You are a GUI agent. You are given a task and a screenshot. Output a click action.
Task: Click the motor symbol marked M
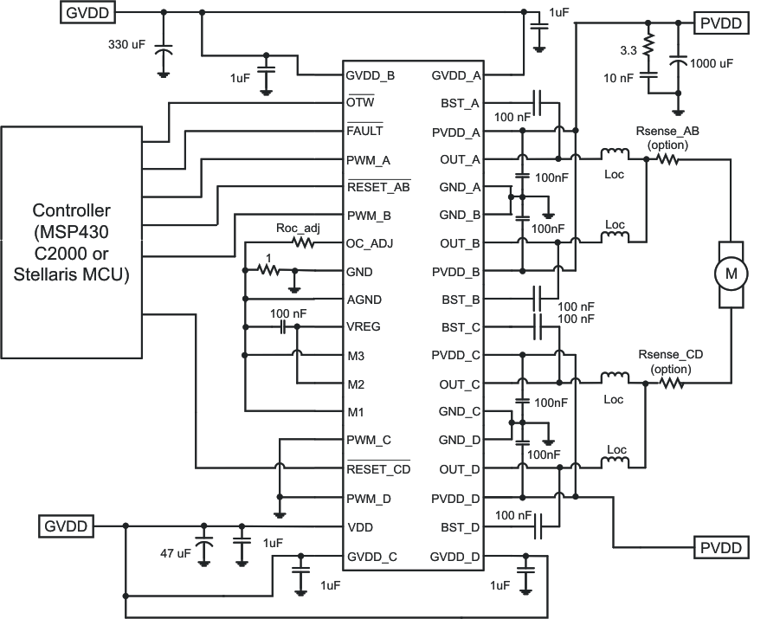730,274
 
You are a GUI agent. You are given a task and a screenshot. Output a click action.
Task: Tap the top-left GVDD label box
87,12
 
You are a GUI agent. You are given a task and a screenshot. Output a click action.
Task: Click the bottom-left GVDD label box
66,525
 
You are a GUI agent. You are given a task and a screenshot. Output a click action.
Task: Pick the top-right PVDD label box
722,23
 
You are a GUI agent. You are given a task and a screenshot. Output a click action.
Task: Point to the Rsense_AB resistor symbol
667,159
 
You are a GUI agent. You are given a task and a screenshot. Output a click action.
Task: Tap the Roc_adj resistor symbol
303,243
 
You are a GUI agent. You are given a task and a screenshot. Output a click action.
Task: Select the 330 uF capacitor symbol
163,53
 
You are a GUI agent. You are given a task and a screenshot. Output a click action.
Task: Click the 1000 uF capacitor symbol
680,62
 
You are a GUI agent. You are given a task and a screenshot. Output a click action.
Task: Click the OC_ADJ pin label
369,243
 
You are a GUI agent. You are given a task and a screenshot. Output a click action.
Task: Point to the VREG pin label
363,327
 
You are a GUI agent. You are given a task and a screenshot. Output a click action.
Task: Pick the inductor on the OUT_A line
616,156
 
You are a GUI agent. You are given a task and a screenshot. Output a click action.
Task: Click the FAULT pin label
364,132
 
